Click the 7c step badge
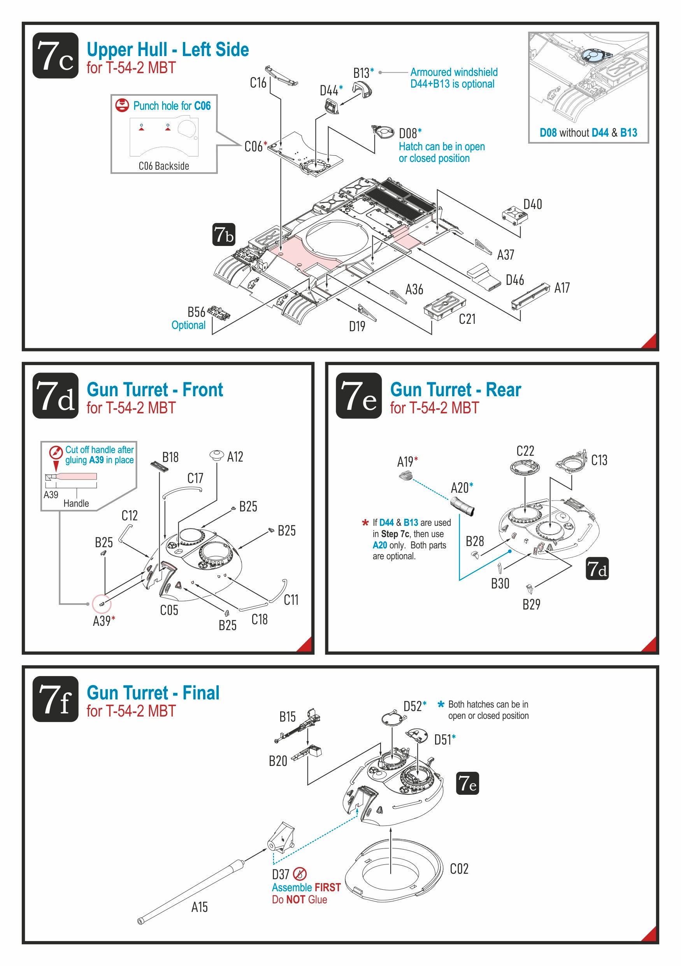[x=55, y=56]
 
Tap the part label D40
[x=532, y=204]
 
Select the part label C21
[x=467, y=319]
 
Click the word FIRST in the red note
[x=327, y=887]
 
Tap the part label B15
[x=287, y=717]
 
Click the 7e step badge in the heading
[x=358, y=395]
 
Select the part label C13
[x=599, y=460]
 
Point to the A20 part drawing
[x=462, y=505]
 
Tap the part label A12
[x=235, y=457]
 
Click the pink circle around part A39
[x=102, y=604]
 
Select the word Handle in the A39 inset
[x=76, y=503]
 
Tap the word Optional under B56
[x=188, y=325]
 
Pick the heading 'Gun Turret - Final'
[x=153, y=693]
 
